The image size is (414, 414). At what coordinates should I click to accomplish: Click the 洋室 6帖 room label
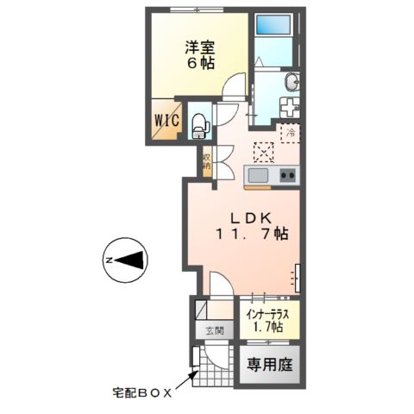click(x=199, y=55)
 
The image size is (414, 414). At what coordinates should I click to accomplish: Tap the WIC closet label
click(x=165, y=122)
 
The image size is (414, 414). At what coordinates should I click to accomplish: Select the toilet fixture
click(x=198, y=124)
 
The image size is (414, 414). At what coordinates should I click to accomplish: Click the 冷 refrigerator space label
click(x=291, y=135)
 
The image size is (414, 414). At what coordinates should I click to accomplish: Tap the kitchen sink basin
click(x=260, y=176)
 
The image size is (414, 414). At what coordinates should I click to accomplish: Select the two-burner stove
click(x=287, y=176)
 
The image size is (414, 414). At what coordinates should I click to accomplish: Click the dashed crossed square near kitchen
click(x=262, y=153)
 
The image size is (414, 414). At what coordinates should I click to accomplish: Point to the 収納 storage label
click(x=207, y=161)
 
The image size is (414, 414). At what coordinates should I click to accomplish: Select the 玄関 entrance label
click(x=214, y=330)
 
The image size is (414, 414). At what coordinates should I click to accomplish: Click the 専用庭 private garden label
click(x=271, y=363)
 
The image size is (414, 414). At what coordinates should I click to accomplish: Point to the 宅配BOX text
click(x=141, y=392)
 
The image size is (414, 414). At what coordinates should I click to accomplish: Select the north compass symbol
click(x=127, y=259)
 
